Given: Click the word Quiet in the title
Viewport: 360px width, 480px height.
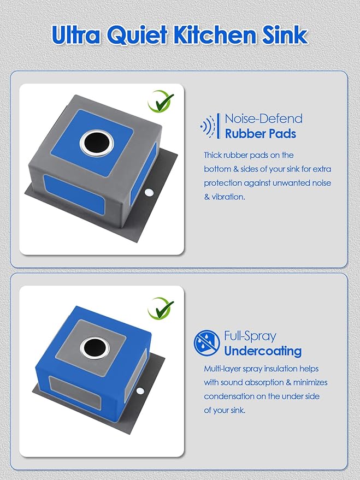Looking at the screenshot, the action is click(137, 35).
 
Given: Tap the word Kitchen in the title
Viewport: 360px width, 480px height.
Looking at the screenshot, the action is click(215, 34).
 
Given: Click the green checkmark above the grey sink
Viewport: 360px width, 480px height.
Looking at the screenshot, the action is click(161, 102).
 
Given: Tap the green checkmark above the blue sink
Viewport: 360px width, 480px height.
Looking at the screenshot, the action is click(161, 309).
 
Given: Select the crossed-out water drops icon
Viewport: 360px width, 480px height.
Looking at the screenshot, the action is click(206, 343).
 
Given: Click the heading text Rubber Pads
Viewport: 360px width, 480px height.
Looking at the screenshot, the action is click(261, 134).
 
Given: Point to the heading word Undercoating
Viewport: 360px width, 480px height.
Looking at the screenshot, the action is click(263, 351).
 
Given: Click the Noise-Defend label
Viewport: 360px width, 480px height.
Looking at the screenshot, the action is click(263, 119).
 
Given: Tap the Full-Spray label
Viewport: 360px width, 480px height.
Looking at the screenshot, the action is click(250, 336).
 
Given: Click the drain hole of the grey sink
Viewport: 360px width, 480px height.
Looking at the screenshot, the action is click(97, 143).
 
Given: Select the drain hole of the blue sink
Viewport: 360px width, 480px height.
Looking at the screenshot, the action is click(95, 348).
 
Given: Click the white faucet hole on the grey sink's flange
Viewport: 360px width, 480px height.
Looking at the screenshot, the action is click(149, 193).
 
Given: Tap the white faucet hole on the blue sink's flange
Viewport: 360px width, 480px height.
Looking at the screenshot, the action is click(140, 391).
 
